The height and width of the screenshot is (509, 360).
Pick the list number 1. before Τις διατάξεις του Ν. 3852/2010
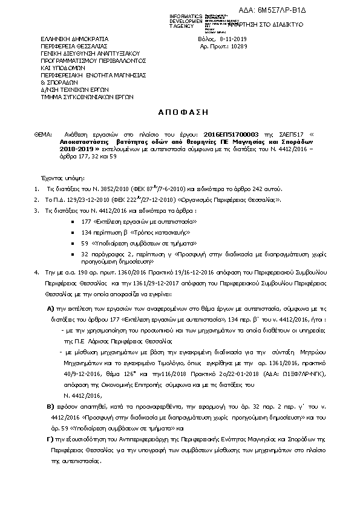[x=38, y=189]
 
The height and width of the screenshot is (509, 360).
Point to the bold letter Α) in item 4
[x=51, y=308]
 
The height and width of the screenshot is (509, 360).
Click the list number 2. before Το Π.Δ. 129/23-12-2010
[x=38, y=199]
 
